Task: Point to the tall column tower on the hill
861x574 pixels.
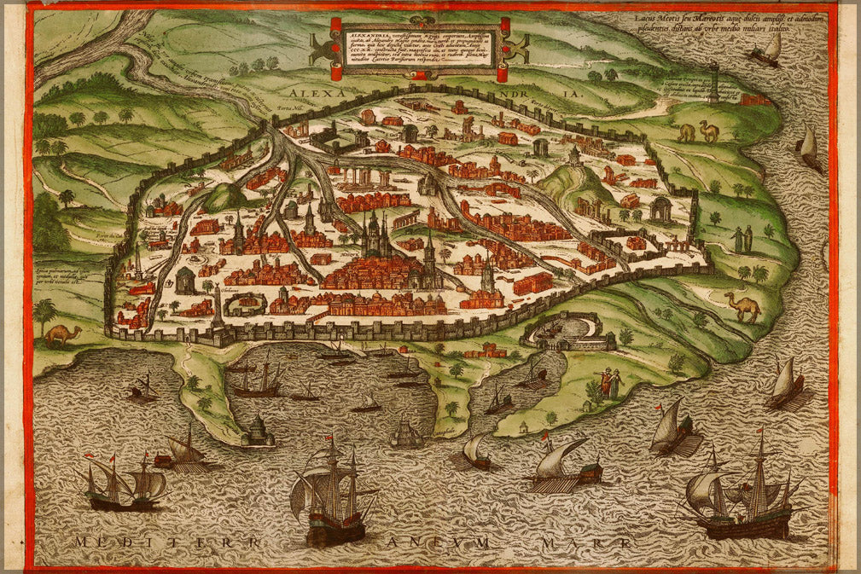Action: click(x=713, y=82)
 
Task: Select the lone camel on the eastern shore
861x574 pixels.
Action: click(x=742, y=306)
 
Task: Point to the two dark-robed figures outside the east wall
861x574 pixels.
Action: click(x=742, y=239)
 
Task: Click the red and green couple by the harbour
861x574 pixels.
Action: click(x=609, y=384)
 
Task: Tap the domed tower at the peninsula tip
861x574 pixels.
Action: click(x=257, y=432)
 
